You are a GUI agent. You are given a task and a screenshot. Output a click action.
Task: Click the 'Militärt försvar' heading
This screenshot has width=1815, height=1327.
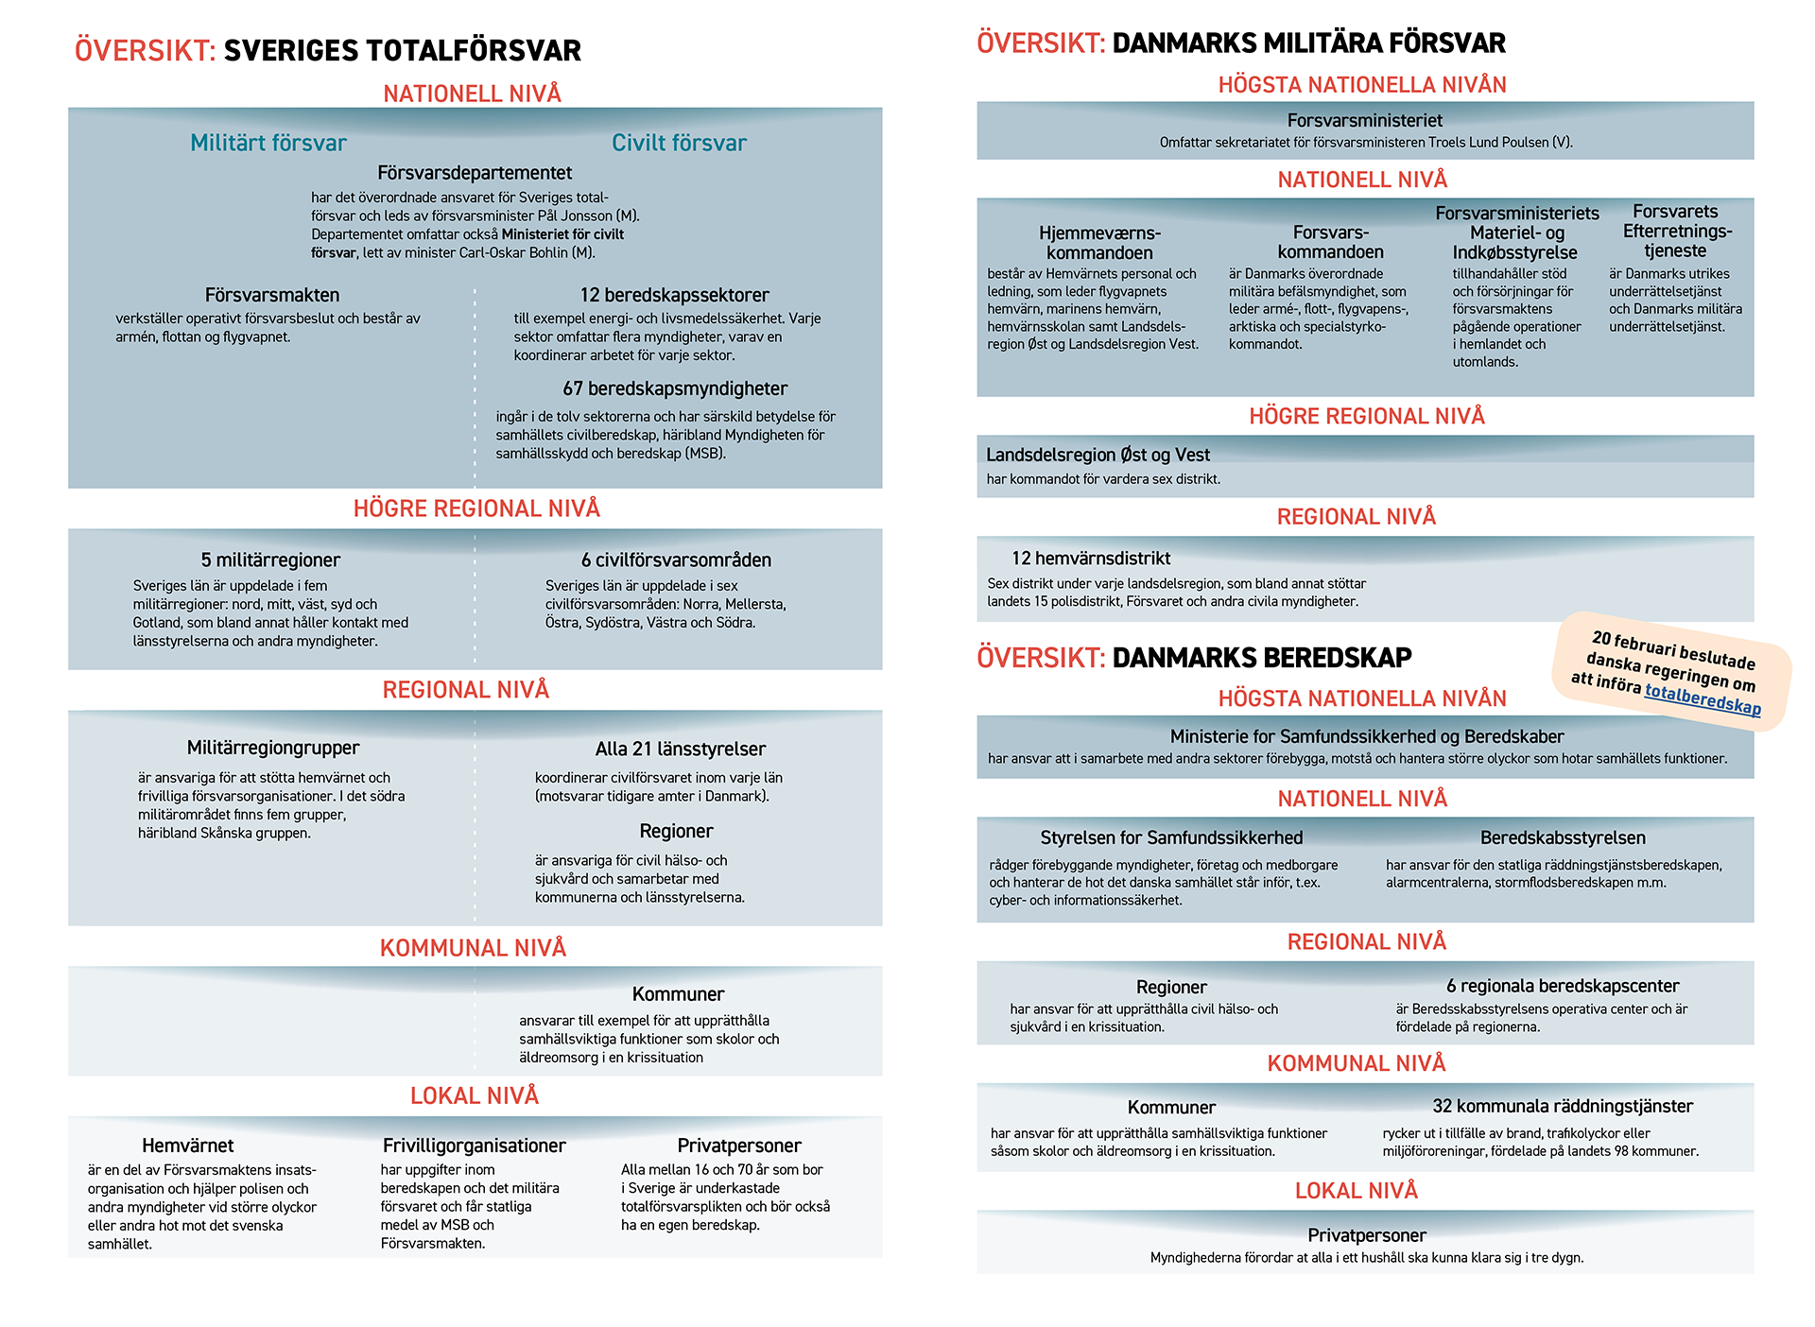point(268,143)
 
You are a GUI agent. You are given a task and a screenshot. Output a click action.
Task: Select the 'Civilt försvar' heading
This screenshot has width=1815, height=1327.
point(679,143)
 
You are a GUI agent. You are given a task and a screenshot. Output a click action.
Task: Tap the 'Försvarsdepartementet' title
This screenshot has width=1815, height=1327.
point(475,173)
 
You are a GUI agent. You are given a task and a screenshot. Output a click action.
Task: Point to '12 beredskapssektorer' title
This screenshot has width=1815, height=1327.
point(674,295)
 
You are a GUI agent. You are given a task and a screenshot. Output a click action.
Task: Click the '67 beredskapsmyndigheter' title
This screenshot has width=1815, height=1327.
point(674,388)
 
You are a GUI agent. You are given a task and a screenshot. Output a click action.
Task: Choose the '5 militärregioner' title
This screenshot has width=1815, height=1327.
point(270,560)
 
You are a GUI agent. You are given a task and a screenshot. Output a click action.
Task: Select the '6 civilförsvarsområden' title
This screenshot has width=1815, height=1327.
point(676,560)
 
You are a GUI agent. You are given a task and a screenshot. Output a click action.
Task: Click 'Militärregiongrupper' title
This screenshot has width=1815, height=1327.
point(273,748)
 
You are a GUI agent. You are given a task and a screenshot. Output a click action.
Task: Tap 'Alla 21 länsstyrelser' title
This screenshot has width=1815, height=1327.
point(680,749)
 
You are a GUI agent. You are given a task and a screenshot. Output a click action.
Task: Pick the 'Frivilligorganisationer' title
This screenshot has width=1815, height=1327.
point(474,1146)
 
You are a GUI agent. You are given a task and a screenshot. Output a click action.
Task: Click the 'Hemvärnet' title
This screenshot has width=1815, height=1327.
point(187,1146)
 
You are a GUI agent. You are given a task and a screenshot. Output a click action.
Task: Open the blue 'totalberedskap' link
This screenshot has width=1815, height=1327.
point(1703,698)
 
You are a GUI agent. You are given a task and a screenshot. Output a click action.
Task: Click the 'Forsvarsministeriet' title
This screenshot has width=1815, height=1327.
point(1364,120)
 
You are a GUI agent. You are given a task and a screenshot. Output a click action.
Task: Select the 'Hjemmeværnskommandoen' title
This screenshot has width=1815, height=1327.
point(1099,243)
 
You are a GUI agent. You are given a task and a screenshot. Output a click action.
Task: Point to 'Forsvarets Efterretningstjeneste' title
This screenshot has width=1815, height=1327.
point(1675,232)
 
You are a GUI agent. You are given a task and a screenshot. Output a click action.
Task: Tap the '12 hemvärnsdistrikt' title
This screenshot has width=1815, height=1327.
point(1090,559)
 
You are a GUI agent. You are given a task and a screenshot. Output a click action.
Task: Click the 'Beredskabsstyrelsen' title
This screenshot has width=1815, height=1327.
point(1563,837)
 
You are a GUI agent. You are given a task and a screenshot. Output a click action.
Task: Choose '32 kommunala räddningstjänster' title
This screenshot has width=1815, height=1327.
point(1562,1106)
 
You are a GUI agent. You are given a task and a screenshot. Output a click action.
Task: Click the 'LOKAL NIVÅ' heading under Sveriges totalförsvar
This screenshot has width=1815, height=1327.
point(474,1095)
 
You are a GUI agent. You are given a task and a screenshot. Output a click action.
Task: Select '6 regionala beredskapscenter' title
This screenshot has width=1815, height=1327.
point(1563,986)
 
